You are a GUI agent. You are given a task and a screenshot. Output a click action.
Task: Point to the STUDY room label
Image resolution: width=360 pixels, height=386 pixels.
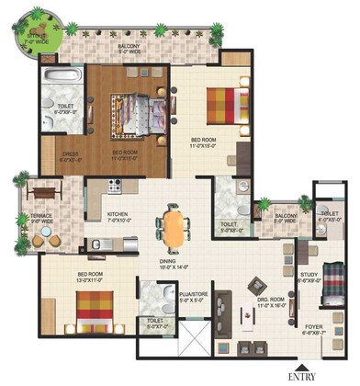pyautogui.click(x=309, y=275)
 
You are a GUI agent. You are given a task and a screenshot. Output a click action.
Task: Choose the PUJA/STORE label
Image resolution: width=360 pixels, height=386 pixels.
pyautogui.click(x=159, y=295)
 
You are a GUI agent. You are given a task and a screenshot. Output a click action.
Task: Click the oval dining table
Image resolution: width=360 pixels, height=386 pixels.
pyautogui.click(x=173, y=226)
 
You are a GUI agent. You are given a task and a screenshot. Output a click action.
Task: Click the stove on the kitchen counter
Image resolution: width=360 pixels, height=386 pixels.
pyautogui.click(x=116, y=185)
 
